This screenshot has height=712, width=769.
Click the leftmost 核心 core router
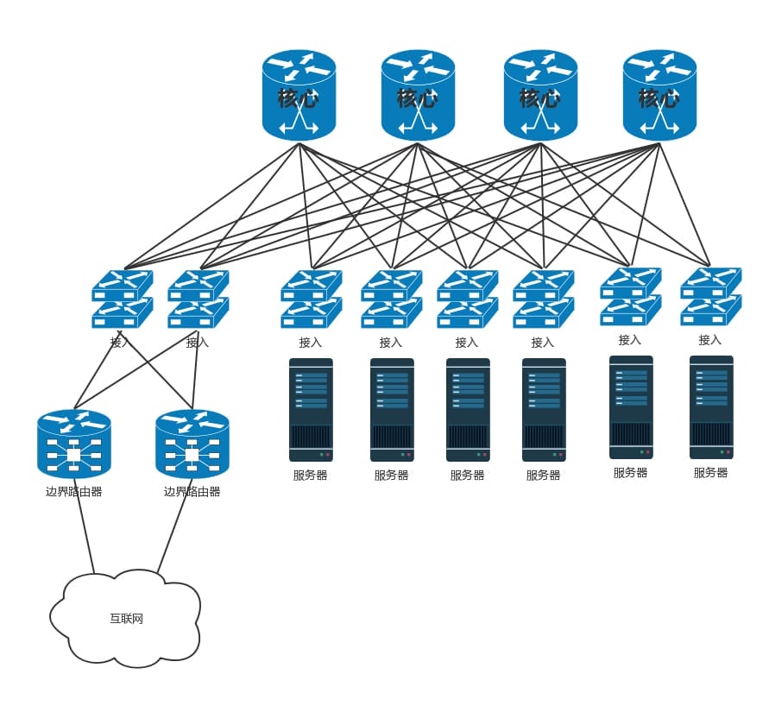(299, 95)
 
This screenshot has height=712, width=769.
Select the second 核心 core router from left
(418, 95)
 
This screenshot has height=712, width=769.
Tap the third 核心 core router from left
(540, 95)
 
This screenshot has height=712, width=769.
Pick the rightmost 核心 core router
(659, 95)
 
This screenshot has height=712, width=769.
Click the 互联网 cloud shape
(126, 618)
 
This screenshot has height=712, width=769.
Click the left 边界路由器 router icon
(74, 444)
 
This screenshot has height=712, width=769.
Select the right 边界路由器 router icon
(192, 444)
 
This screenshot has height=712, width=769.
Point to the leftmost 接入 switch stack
(122, 299)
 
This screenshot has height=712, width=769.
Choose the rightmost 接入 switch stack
(710, 296)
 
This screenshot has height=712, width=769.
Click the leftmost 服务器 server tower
(311, 410)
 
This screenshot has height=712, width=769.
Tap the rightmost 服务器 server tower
(711, 407)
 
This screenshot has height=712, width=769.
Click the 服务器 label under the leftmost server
(311, 475)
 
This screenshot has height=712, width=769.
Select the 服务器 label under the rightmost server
(711, 472)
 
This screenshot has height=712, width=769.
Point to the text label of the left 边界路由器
(74, 492)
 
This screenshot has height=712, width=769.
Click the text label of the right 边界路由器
(192, 492)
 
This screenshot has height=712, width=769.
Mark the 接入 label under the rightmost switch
(710, 340)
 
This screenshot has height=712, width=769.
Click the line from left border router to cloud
(85, 527)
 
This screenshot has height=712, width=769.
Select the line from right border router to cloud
(173, 527)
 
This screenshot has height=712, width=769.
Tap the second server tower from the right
(631, 407)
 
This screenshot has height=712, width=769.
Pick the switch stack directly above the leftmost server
(311, 299)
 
